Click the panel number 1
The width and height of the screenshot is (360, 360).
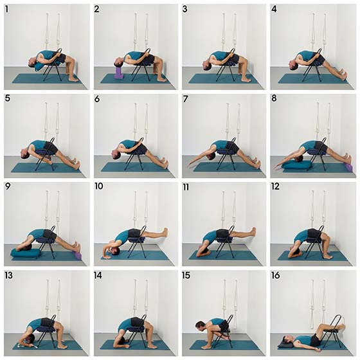[8, 10]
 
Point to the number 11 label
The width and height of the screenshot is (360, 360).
[186, 188]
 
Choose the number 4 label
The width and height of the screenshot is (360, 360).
[274, 10]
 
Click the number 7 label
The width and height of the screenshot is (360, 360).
[185, 99]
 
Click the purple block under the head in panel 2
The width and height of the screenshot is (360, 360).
[118, 73]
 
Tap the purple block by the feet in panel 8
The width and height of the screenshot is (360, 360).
[348, 167]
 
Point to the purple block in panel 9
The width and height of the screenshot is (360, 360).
[78, 255]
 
